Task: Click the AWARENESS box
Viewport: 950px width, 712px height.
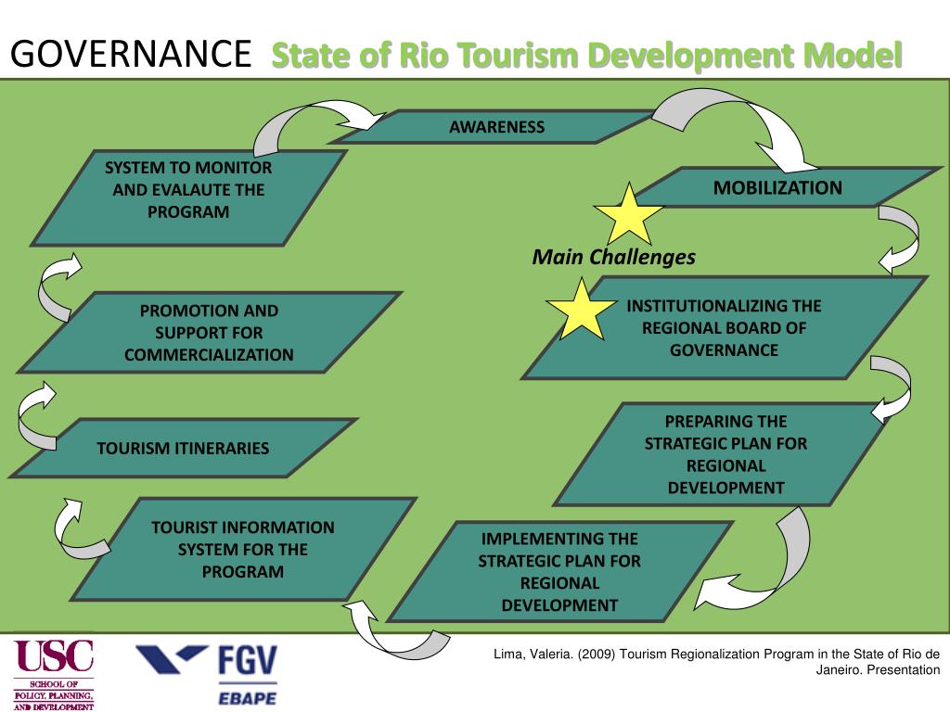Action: click(496, 127)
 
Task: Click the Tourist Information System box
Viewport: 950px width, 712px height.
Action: click(243, 550)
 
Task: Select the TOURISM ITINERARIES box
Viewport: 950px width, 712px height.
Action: click(184, 448)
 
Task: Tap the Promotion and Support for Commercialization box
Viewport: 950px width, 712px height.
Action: click(209, 332)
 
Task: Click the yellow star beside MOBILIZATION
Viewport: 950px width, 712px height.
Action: click(628, 216)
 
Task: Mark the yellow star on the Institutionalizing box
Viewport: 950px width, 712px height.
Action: click(581, 311)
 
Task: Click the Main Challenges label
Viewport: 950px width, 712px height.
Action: click(613, 258)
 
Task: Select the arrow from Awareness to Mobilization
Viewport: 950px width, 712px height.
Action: click(742, 125)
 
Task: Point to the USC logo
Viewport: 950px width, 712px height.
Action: click(54, 672)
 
